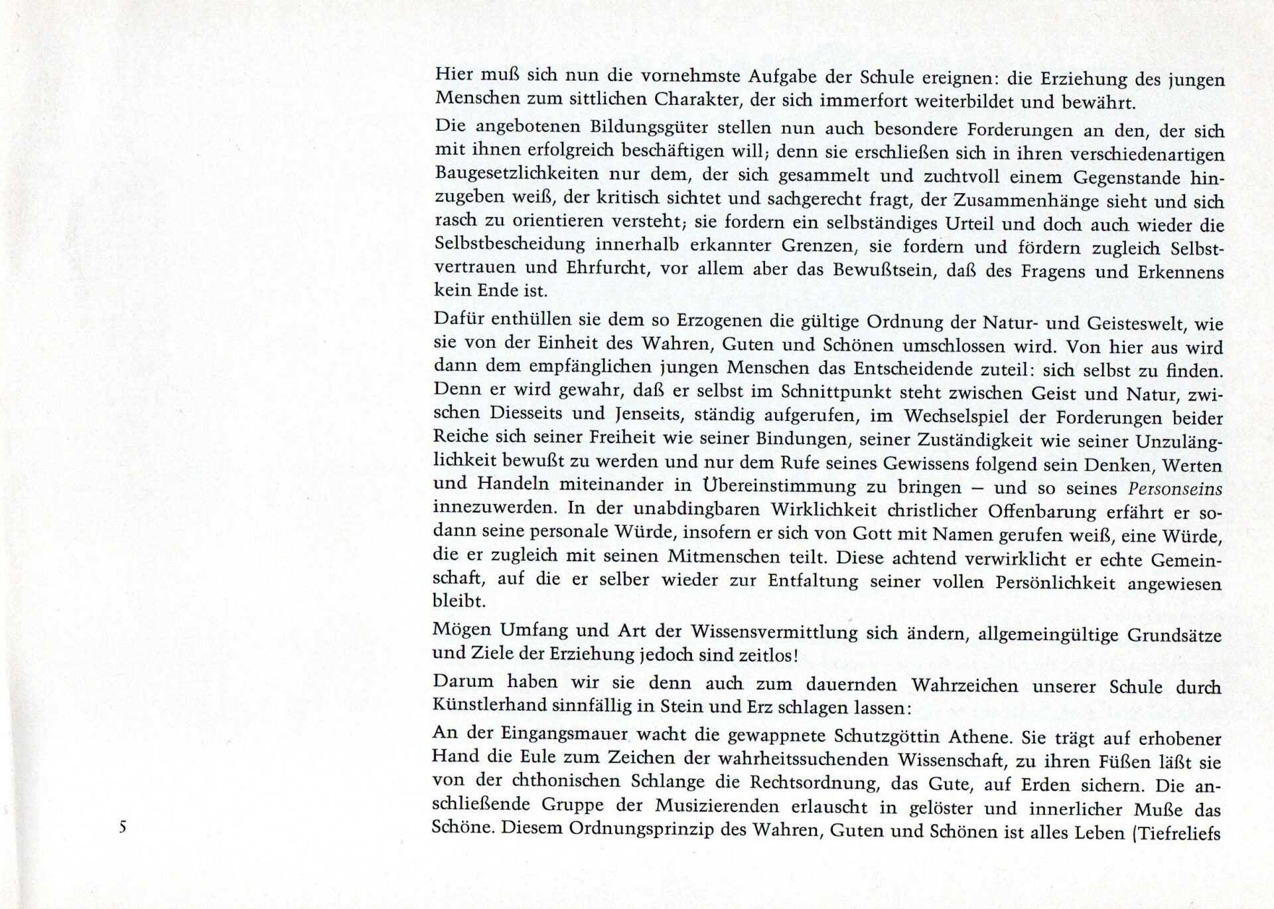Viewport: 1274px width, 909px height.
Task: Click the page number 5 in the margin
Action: coord(123,827)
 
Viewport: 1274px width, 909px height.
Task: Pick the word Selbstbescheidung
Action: coord(510,244)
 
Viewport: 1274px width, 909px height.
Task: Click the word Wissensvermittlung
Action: coord(774,631)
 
